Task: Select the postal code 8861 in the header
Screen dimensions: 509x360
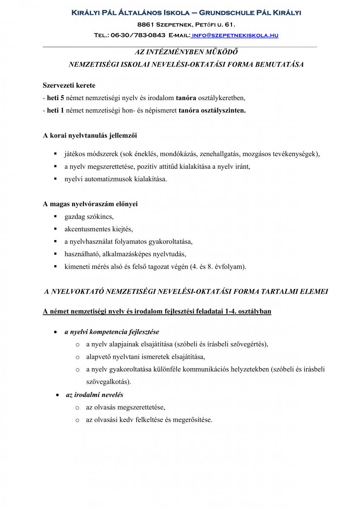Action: point(147,25)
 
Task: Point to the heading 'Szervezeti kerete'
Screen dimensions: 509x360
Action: point(69,85)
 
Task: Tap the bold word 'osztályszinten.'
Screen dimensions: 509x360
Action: point(223,110)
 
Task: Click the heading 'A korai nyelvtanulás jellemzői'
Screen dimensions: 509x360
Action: point(90,136)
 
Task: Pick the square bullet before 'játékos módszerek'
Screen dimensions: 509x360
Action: point(55,154)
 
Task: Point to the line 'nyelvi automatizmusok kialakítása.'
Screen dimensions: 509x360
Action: point(116,179)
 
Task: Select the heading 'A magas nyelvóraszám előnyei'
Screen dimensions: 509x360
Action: point(90,204)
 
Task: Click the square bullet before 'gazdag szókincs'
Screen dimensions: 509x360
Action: point(55,217)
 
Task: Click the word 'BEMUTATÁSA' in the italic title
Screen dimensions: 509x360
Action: point(281,65)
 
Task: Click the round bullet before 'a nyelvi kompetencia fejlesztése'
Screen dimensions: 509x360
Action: point(56,332)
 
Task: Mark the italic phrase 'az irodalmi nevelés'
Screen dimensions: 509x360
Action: point(95,395)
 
